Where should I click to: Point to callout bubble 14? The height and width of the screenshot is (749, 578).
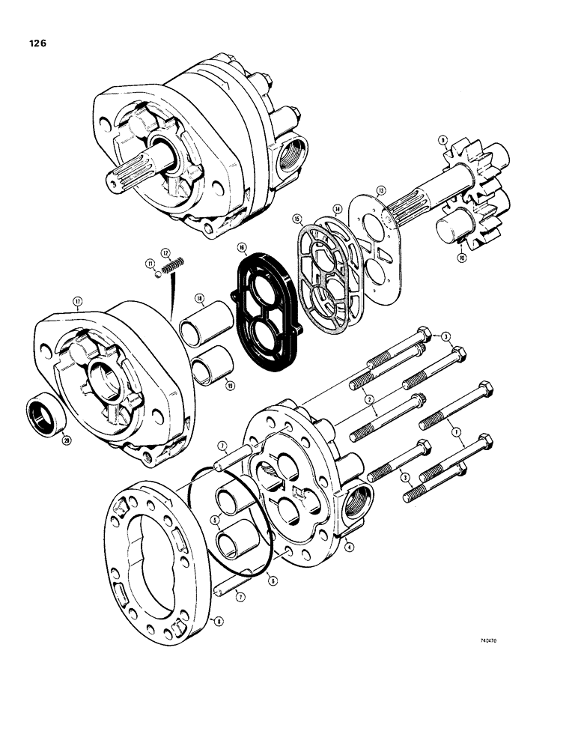pos(338,209)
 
